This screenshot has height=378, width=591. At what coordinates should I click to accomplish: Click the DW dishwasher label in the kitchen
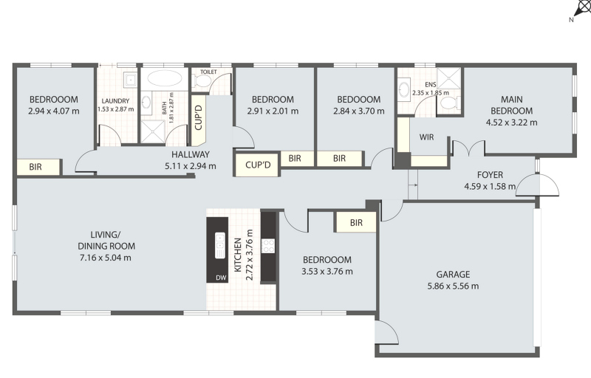221,278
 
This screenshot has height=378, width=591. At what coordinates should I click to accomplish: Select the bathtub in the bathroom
164,78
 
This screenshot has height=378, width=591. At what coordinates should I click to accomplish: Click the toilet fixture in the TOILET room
202,80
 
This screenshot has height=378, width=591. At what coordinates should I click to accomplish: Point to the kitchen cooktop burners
268,246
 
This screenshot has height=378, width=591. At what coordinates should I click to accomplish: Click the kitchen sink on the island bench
219,245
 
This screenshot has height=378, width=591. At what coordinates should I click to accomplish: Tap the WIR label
426,137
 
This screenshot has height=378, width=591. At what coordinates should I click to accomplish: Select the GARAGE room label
453,275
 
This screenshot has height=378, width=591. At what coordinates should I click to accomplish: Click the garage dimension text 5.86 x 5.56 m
453,286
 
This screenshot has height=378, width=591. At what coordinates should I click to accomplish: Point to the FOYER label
490,175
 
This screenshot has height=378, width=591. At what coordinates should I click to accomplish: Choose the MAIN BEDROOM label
511,105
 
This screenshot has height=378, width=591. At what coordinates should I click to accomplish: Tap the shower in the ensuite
448,78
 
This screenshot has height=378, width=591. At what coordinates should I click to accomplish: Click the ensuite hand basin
403,90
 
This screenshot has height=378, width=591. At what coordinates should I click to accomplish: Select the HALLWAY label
191,154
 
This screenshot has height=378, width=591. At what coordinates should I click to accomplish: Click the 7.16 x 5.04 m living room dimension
106,258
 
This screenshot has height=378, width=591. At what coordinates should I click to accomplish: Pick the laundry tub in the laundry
131,80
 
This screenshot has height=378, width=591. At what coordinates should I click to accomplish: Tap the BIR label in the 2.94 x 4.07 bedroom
35,167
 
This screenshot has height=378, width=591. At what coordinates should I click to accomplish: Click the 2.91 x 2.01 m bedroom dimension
273,111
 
